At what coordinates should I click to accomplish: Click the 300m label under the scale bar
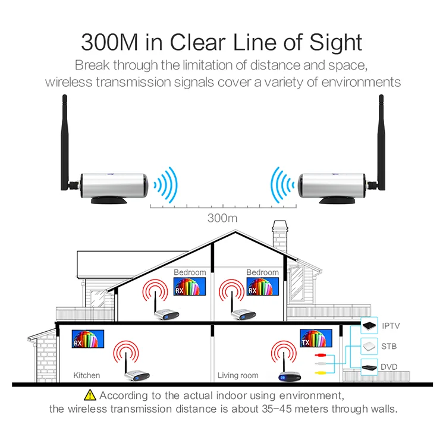tap(222, 218)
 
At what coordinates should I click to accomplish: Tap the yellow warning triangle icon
tap(90, 395)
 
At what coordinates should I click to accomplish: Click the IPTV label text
tap(391, 326)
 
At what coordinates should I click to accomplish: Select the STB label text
tap(389, 346)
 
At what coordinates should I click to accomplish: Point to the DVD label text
tap(389, 367)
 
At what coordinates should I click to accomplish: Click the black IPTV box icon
tap(369, 325)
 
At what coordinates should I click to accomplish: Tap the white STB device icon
tap(369, 346)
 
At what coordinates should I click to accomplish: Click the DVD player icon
tap(369, 368)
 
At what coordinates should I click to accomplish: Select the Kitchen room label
tap(86, 375)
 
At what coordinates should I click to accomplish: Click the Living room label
tap(238, 375)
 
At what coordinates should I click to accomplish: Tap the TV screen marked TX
tap(316, 338)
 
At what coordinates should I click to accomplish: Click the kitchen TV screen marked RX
tap(88, 339)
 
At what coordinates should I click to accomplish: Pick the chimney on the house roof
tap(280, 235)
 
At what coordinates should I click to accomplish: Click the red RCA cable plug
tap(321, 355)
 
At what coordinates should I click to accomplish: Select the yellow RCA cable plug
tap(321, 373)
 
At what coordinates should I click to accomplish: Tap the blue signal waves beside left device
tap(165, 185)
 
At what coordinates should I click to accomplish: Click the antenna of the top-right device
tap(381, 142)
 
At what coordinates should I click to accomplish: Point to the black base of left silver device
tap(109, 200)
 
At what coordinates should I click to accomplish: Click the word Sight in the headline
tap(335, 43)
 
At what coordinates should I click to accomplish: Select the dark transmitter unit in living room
tap(290, 376)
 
